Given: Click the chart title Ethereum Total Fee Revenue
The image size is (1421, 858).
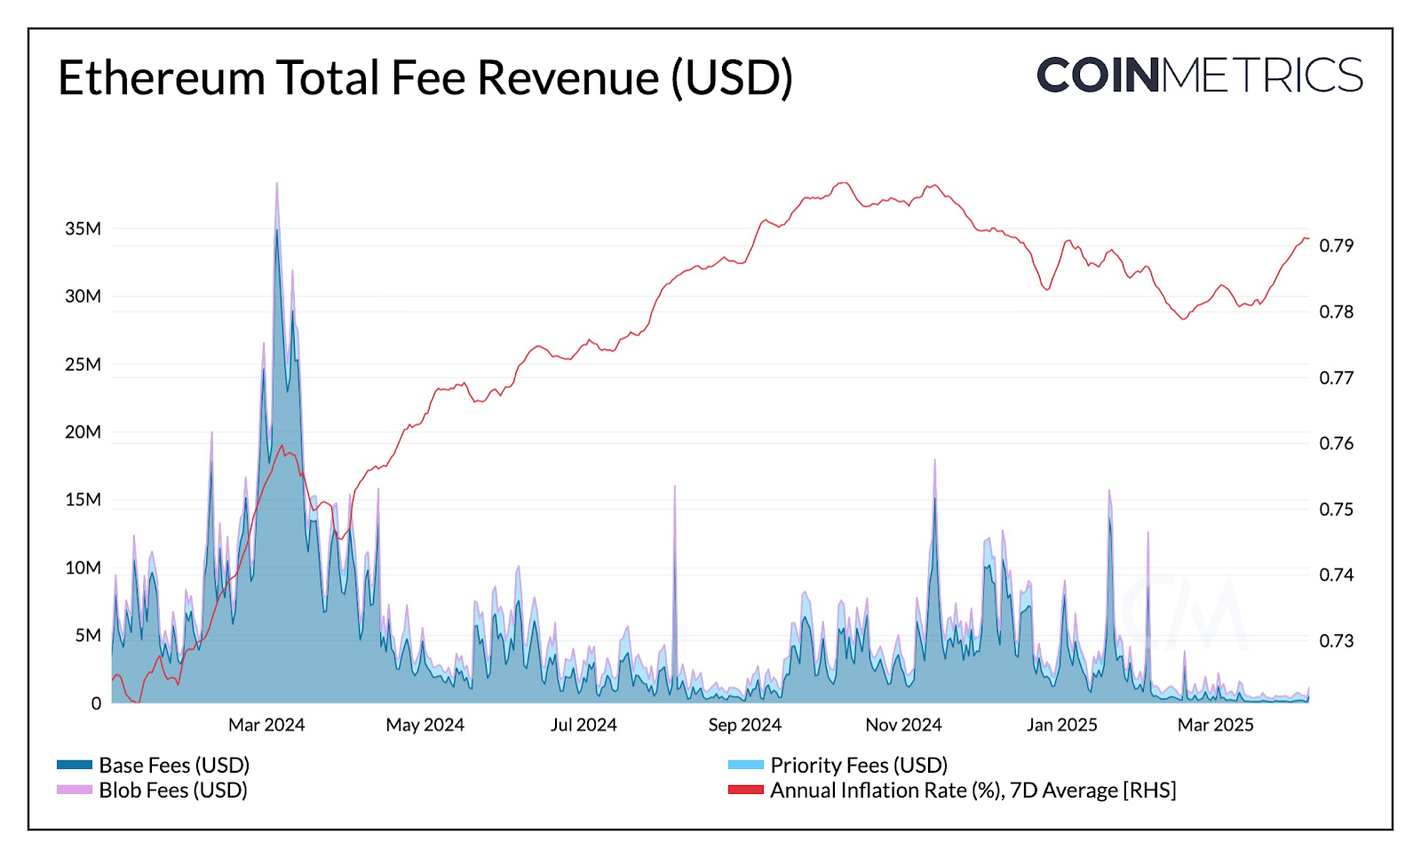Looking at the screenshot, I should point(425,77).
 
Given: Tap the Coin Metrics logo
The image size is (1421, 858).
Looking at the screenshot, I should point(1199,75).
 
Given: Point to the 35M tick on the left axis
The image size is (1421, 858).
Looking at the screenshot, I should point(83,228).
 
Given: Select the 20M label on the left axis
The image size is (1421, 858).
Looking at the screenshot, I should point(83,432).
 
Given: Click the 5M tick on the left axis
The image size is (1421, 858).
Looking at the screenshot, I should point(88,635).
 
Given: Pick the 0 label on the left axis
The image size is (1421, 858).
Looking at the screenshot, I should point(96,703).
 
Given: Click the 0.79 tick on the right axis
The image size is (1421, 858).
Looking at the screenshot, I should point(1337,245).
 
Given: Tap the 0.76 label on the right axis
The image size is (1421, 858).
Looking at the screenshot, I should point(1337,443).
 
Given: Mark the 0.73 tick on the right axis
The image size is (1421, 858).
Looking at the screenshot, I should point(1337,640).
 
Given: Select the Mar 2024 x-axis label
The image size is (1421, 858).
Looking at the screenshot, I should point(266,725).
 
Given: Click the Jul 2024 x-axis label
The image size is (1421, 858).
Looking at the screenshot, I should point(583,725).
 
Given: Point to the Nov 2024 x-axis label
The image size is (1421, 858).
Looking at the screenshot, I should point(903,725).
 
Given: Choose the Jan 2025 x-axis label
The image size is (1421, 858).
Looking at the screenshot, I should point(1062,725).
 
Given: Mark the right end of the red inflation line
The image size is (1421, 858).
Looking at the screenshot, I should point(1307,238).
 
